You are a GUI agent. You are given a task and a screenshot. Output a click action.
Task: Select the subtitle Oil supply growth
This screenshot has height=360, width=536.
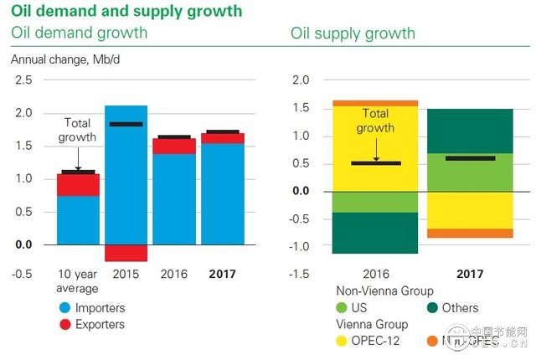pyautogui.click(x=353, y=33)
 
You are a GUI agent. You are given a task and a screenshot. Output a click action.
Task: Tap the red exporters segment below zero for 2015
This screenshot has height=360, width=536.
pyautogui.click(x=126, y=253)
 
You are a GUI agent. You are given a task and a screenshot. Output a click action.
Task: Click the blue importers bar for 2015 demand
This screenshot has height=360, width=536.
pyautogui.click(x=126, y=176)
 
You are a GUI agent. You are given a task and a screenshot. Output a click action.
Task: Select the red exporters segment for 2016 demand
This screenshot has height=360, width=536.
pyautogui.click(x=174, y=147)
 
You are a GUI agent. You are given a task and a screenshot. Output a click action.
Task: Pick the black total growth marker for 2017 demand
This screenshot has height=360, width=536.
pyautogui.click(x=222, y=131)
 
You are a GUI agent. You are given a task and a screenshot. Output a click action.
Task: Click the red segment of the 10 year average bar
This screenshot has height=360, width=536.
pyautogui.click(x=78, y=184)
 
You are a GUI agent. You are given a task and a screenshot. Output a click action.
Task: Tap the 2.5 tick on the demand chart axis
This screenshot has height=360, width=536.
pyautogui.click(x=23, y=80)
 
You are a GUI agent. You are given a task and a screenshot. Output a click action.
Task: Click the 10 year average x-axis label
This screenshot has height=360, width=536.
pyautogui.click(x=78, y=280)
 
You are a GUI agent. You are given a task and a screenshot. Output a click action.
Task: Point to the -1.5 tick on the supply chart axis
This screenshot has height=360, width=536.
pyautogui.click(x=298, y=274)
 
